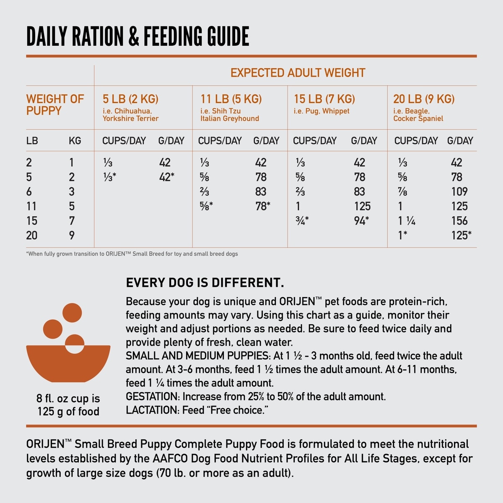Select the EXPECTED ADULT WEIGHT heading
coord(298,73)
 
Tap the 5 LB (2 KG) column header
coord(130,99)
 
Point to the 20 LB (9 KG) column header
coord(424,99)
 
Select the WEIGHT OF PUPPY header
coord(55,105)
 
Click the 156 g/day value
coord(459,220)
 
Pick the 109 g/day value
coord(459,192)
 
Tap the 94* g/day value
coord(361,220)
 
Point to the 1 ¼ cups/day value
coord(407,220)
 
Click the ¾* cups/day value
coord(302,220)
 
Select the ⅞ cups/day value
coord(402,192)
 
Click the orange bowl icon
coord(68,363)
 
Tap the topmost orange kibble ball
coord(72,313)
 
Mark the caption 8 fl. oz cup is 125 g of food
coord(68,405)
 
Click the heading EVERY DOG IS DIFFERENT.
coord(205,283)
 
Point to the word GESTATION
coord(152,397)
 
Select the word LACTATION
coord(152,410)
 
